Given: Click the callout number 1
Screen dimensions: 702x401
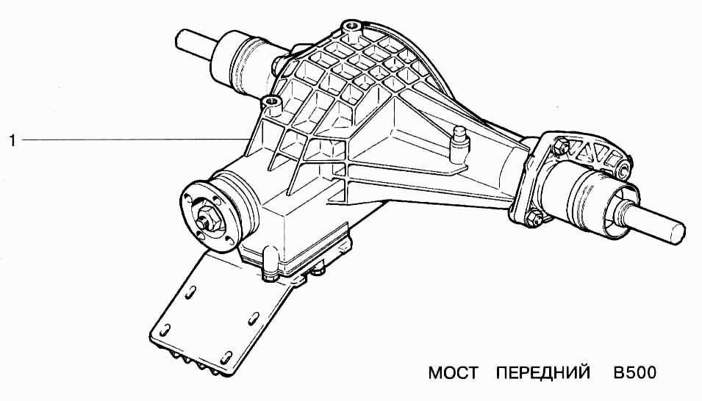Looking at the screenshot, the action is coord(12,140).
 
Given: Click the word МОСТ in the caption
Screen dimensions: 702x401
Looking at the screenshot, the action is coord(453,373).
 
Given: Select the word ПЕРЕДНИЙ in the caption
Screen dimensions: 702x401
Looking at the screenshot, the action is coord(543,373).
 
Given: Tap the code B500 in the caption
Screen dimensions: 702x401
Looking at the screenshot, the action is coord(634,373).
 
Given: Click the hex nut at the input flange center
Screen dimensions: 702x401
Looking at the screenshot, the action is coord(207,217).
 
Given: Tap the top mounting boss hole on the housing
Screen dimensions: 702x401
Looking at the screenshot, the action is coord(350,25).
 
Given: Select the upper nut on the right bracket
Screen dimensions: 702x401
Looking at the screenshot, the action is coord(559,146).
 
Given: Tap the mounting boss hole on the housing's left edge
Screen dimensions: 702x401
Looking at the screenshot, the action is coord(270,101).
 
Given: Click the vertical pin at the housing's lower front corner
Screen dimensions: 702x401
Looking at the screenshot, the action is coord(271,264).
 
